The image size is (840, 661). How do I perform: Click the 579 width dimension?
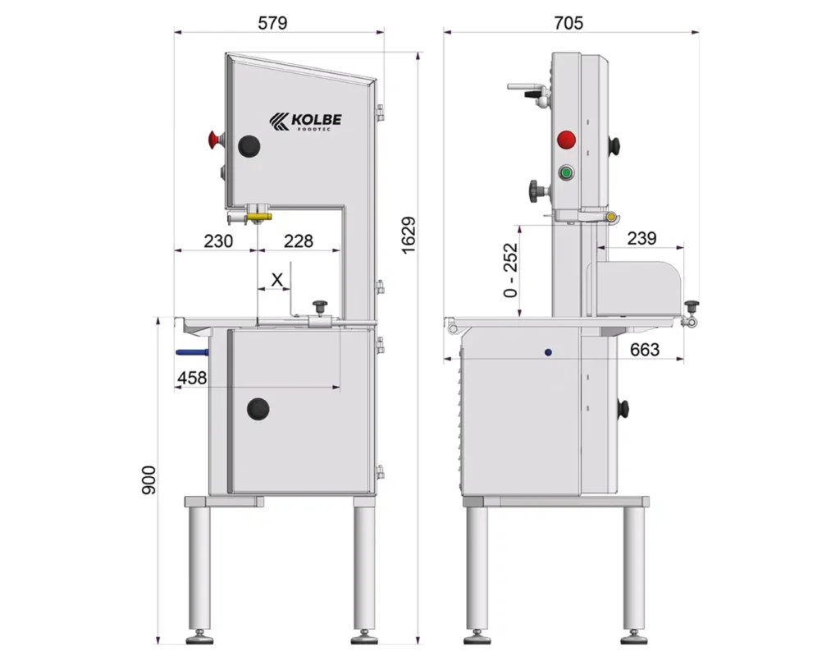tap(272, 22)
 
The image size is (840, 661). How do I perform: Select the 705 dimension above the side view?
tap(568, 22)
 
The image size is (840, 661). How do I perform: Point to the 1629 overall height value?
tap(409, 236)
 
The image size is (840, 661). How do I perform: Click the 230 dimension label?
tap(218, 241)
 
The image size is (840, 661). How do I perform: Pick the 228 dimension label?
tap(299, 241)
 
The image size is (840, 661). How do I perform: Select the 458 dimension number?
tap(191, 378)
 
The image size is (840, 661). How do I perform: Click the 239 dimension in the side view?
tap(641, 238)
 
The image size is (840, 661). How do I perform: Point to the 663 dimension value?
tap(645, 350)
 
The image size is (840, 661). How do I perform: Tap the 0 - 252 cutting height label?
tap(512, 269)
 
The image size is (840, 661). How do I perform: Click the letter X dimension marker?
tap(277, 279)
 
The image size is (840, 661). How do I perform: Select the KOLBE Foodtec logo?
tap(305, 122)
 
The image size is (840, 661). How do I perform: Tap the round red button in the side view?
tap(567, 140)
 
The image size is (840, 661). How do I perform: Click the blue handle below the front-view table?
tap(191, 352)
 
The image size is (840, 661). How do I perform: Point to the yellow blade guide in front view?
tap(260, 217)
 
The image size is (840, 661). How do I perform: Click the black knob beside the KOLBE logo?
tap(249, 146)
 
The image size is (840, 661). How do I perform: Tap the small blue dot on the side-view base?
tap(548, 351)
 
